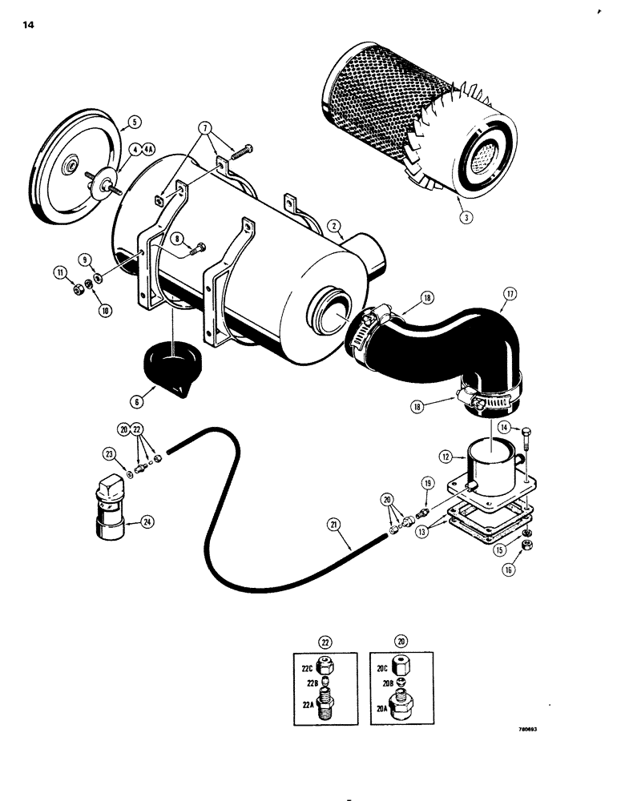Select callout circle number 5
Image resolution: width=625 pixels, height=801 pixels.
pyautogui.click(x=134, y=123)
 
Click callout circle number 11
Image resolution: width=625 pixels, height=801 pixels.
pyautogui.click(x=60, y=274)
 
